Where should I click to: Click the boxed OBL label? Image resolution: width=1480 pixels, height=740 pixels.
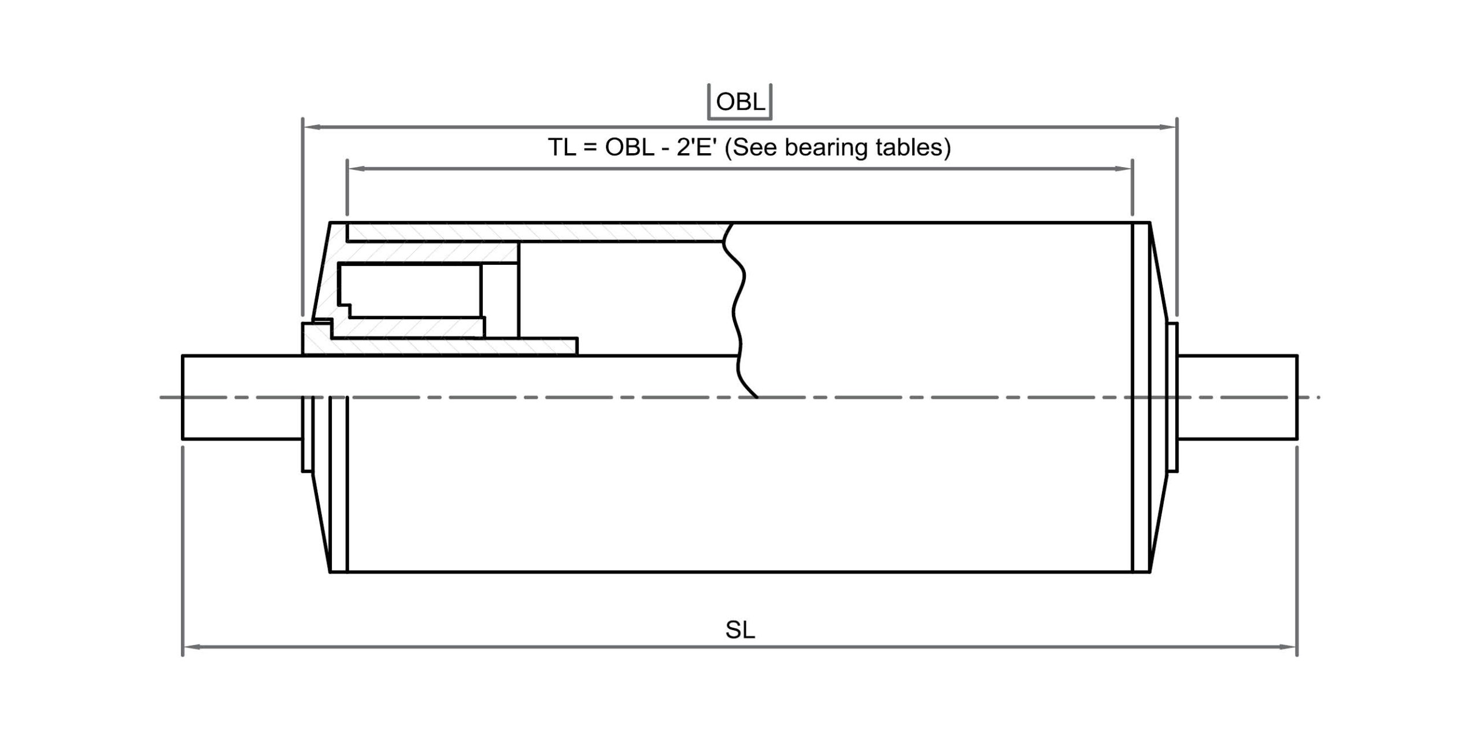[740, 102]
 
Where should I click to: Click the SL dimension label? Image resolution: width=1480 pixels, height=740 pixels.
[740, 630]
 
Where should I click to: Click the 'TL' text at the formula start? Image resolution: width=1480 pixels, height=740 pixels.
[561, 147]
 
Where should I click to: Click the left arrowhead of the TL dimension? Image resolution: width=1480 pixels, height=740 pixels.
[356, 169]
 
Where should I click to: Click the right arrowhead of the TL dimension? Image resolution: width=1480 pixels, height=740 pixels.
[1123, 169]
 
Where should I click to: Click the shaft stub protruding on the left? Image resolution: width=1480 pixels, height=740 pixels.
[242, 397]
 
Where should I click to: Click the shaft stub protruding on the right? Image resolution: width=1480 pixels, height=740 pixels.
[1238, 397]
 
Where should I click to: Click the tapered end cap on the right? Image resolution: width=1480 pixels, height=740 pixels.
[1158, 397]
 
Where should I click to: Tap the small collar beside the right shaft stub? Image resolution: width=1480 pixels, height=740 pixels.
[1173, 397]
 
